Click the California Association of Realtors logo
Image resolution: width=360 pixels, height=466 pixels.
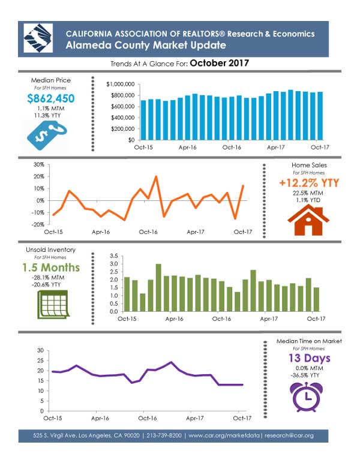point(38,38)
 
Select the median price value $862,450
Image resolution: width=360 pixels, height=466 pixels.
point(51,98)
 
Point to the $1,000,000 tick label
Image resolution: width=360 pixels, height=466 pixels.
point(121,85)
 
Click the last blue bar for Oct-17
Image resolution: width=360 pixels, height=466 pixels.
point(320,116)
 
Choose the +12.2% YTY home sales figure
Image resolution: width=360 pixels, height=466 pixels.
point(309,183)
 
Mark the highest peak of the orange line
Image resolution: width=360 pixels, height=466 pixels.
point(157,176)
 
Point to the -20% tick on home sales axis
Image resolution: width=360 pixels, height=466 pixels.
point(38,225)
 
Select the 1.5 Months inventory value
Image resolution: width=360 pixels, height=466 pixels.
point(51,267)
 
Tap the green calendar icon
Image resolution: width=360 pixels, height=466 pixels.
point(53,305)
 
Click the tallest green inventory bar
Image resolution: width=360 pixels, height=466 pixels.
point(158,288)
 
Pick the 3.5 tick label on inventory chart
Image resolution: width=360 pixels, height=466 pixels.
point(114,256)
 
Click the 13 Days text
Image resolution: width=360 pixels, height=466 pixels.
point(309,358)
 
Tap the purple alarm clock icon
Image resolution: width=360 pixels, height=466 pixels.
point(306,397)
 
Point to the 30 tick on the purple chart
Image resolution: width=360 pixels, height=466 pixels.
point(40,350)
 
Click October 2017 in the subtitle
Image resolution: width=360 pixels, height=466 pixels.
point(220,63)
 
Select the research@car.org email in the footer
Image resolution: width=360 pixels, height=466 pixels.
point(289,435)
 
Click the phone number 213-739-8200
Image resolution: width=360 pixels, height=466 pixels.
point(164,435)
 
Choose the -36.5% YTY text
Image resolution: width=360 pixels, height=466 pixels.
point(305,375)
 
